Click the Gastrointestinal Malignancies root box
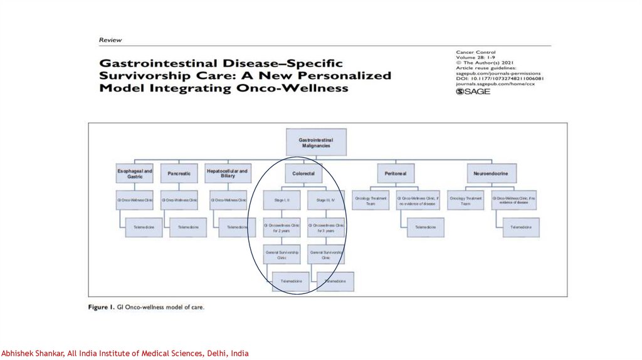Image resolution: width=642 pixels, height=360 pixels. click(316, 142)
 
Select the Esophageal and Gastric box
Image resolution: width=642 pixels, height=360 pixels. click(134, 173)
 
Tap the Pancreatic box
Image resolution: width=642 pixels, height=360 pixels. click(179, 173)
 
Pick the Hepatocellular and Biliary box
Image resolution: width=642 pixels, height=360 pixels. click(227, 173)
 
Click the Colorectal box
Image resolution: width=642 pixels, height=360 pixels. click(303, 173)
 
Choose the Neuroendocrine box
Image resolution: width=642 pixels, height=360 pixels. click(492, 173)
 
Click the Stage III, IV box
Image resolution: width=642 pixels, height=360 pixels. click(326, 199)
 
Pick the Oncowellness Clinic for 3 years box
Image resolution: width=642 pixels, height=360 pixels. click(326, 227)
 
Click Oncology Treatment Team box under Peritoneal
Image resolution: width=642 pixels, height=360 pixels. click(371, 200)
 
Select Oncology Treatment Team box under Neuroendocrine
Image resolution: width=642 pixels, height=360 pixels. click(465, 200)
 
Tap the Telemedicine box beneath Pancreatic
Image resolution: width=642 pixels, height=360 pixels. click(188, 227)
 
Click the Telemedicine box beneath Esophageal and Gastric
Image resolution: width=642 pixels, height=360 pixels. click(144, 227)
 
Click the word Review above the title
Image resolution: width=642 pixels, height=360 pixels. click(110, 40)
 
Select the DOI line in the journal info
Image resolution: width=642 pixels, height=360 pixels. click(499, 79)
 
